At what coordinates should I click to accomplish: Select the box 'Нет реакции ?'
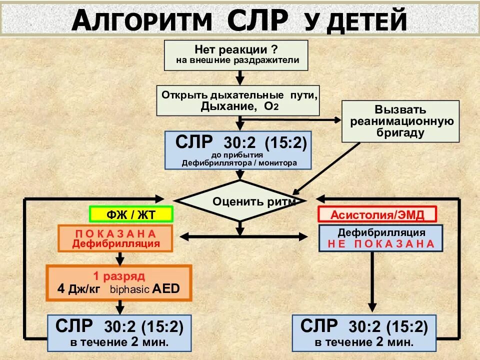pyautogui.click(x=236, y=55)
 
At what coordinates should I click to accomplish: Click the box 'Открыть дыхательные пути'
pyautogui.click(x=239, y=100)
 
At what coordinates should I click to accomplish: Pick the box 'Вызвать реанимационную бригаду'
pyautogui.click(x=400, y=121)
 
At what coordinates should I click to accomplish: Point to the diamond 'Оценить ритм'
pyautogui.click(x=240, y=201)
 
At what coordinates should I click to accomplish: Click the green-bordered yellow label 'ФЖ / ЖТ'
pyautogui.click(x=131, y=214)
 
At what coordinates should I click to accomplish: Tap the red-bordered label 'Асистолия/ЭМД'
pyautogui.click(x=377, y=214)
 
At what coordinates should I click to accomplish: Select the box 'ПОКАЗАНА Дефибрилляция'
pyautogui.click(x=115, y=238)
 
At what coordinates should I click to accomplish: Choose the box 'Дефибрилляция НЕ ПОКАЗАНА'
pyautogui.click(x=381, y=238)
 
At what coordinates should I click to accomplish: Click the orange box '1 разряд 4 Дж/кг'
pyautogui.click(x=119, y=282)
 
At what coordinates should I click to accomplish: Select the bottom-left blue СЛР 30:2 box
pyautogui.click(x=119, y=332)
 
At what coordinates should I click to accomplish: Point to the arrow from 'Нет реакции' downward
pyautogui.click(x=240, y=77)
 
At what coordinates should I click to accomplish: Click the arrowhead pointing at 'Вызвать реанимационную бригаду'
pyautogui.click(x=337, y=120)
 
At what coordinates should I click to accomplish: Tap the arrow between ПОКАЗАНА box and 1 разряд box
pyautogui.click(x=119, y=259)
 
